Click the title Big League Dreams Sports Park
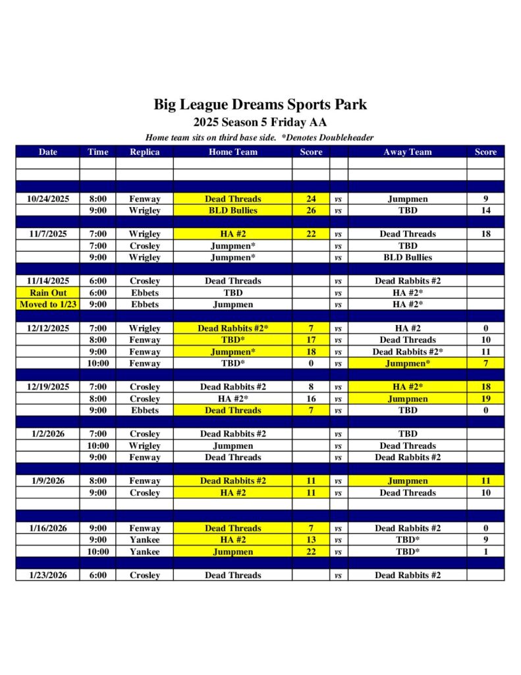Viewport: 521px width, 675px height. pyautogui.click(x=260, y=104)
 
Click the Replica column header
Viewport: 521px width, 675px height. pyautogui.click(x=144, y=152)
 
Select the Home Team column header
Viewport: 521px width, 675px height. pyautogui.click(x=233, y=152)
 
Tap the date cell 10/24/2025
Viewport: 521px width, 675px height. pyautogui.click(x=48, y=199)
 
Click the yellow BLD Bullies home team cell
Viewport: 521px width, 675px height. pyautogui.click(x=233, y=211)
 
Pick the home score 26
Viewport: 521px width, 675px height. pyautogui.click(x=311, y=211)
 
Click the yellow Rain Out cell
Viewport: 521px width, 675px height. pyautogui.click(x=48, y=293)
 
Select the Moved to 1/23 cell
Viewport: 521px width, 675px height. pyautogui.click(x=48, y=305)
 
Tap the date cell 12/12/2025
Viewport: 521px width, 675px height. pyautogui.click(x=48, y=328)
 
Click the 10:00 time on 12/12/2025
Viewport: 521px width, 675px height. pyautogui.click(x=97, y=363)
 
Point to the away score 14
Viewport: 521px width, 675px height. pyautogui.click(x=485, y=211)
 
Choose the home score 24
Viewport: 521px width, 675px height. pyautogui.click(x=311, y=199)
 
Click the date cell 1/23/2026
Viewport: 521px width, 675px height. pyautogui.click(x=48, y=575)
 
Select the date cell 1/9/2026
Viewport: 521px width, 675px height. pyautogui.click(x=48, y=481)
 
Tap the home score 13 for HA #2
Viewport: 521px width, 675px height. pyautogui.click(x=311, y=540)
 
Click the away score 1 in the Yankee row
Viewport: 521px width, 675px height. pyautogui.click(x=485, y=552)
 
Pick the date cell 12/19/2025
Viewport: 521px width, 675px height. pyautogui.click(x=48, y=387)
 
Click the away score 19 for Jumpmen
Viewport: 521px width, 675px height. pyautogui.click(x=485, y=399)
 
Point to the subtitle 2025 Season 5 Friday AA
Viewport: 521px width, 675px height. pyautogui.click(x=260, y=122)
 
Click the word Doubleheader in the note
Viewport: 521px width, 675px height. pyautogui.click(x=348, y=138)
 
